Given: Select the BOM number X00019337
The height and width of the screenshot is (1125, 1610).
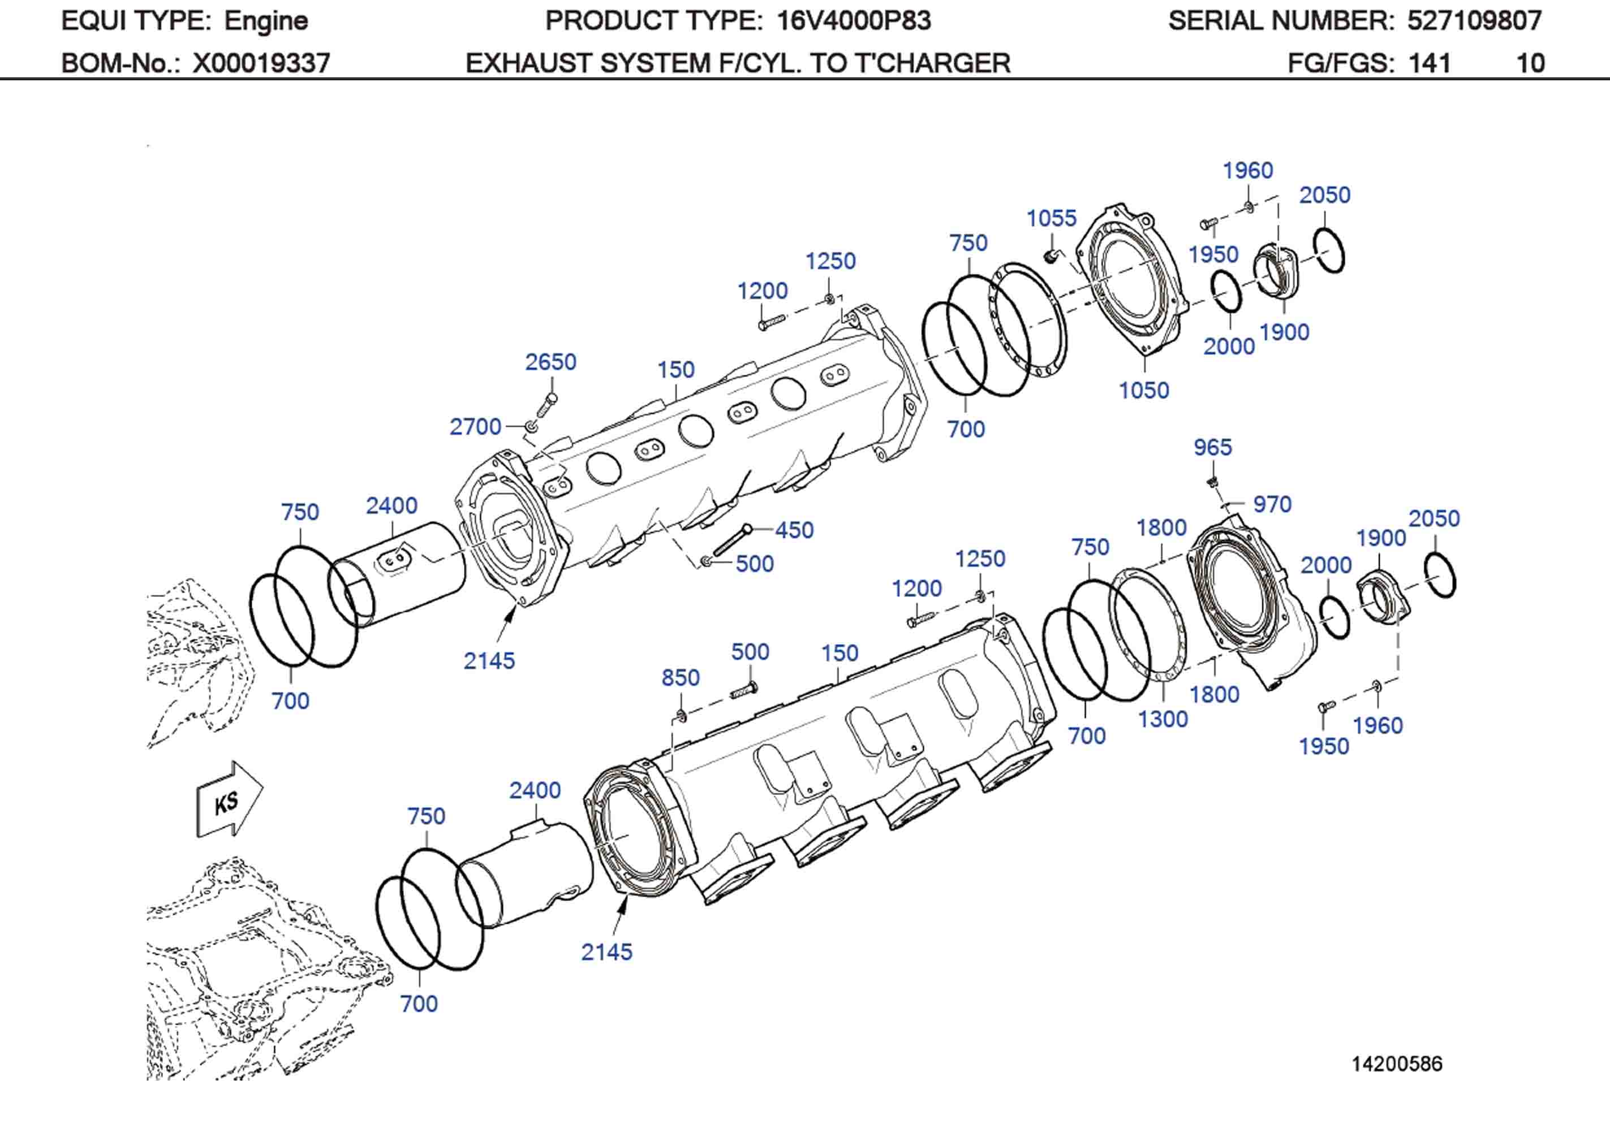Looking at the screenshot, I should pos(261,63).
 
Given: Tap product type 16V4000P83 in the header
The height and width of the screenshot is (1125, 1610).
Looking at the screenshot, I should pos(854,21).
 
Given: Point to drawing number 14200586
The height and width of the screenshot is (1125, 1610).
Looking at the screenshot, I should pos(1397,1063).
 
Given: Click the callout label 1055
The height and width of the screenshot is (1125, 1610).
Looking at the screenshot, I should pos(1051,218).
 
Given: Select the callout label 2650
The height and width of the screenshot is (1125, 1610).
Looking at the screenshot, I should pos(550,362).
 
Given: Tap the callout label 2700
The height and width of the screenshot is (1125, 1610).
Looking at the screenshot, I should pos(475,426).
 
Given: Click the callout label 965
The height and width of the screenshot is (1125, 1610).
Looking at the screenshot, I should pos(1212,447).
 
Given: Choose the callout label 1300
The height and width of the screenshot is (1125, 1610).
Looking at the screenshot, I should pos(1162,719).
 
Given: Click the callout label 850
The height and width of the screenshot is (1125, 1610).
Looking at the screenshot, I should pos(680,677).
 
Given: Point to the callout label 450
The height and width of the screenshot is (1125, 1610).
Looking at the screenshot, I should pos(794,530).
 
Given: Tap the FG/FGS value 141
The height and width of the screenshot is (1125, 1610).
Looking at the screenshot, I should pos(1429,63).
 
